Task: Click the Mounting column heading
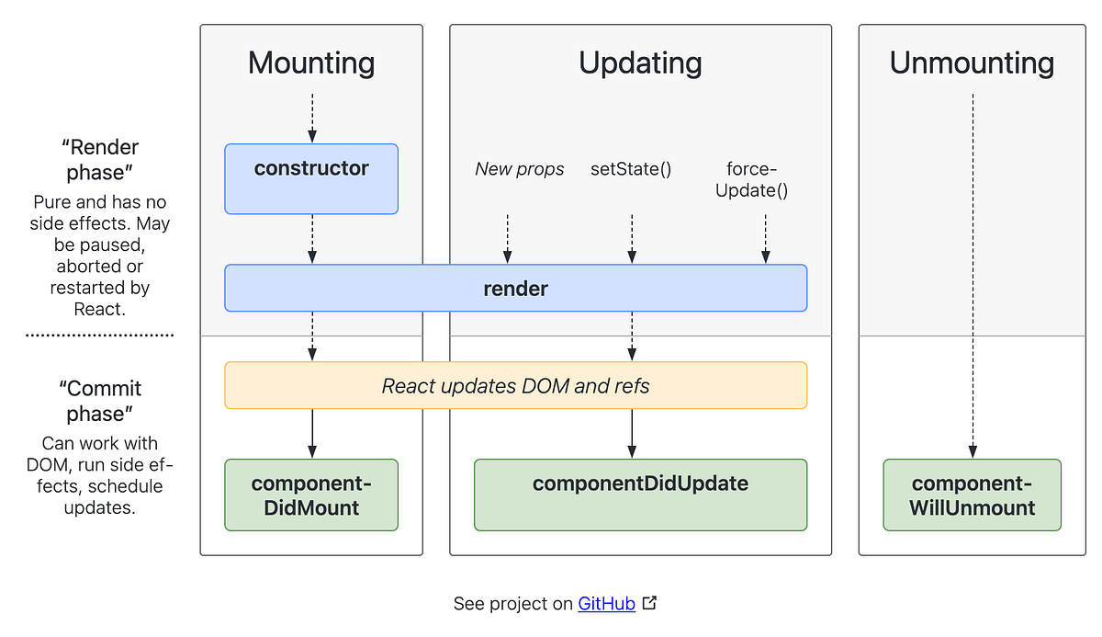click(x=311, y=63)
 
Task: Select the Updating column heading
click(x=640, y=63)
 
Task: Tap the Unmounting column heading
click(x=972, y=63)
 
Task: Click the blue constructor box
click(x=311, y=178)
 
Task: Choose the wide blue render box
click(x=515, y=289)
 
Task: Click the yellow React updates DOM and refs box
click(x=515, y=385)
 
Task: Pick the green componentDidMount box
click(x=311, y=495)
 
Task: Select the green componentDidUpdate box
click(x=640, y=495)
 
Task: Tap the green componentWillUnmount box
click(x=972, y=495)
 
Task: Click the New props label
click(x=520, y=169)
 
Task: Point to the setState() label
click(x=631, y=169)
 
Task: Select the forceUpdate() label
click(x=757, y=179)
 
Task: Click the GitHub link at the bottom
click(x=606, y=604)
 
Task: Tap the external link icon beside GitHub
click(x=650, y=603)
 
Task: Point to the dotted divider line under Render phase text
click(x=99, y=336)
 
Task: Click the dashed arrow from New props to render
click(x=507, y=239)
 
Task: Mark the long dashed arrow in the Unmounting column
click(x=973, y=276)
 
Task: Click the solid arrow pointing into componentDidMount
click(x=312, y=433)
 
